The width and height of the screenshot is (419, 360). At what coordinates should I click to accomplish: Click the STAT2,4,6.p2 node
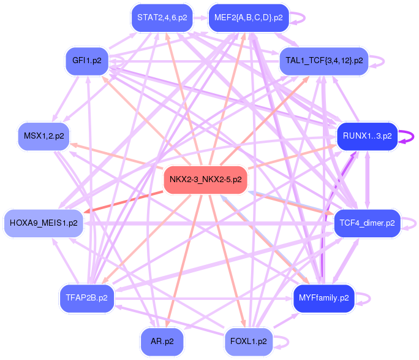162,18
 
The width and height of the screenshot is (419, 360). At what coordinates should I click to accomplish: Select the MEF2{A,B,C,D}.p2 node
249,18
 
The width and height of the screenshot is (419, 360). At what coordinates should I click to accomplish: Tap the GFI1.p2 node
87,61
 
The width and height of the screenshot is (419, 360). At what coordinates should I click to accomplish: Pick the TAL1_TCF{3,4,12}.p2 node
324,61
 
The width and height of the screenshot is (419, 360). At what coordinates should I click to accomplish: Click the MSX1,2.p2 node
44,136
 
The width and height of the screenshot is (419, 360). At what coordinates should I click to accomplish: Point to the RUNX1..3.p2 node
368,136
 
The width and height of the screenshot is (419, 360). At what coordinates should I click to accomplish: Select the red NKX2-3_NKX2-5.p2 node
205,180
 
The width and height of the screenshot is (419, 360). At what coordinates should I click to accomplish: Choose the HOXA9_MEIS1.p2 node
43,223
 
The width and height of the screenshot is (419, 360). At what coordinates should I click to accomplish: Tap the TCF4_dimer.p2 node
368,223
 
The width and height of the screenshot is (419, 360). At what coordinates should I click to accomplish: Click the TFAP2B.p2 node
87,298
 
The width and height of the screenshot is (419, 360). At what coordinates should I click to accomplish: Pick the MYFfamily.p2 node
324,298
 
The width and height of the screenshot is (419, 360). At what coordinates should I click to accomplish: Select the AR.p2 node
162,342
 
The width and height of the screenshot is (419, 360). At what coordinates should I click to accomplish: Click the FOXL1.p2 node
249,342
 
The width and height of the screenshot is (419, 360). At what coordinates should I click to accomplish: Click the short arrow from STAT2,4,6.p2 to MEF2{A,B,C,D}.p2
200,18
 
